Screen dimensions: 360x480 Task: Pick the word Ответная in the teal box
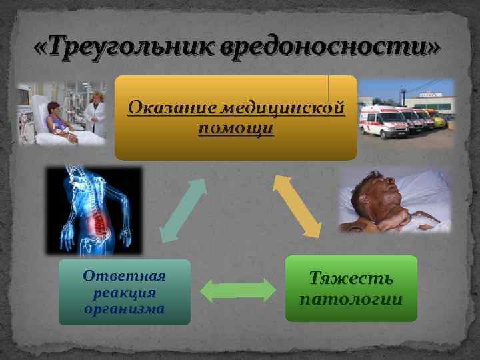[124, 276]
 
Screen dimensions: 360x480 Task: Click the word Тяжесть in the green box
[351, 279]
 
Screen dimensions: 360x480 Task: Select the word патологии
[351, 299]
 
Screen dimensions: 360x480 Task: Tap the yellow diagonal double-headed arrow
[297, 205]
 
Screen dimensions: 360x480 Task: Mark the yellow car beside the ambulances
[442, 121]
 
